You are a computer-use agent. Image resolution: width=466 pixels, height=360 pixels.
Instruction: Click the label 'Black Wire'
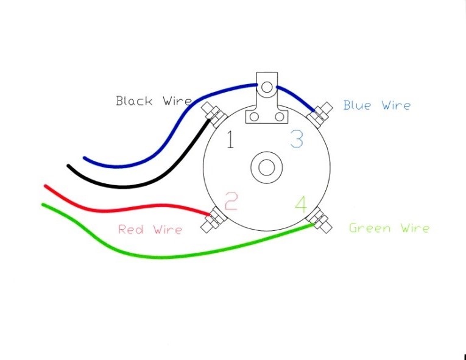point(154,101)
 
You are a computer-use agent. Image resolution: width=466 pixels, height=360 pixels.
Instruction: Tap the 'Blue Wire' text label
point(376,105)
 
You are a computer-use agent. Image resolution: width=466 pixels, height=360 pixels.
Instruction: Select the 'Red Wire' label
point(150,230)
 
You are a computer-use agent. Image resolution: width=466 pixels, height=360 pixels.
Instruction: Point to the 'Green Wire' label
point(389,228)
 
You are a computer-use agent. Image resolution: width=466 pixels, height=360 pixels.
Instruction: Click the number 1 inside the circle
point(230,140)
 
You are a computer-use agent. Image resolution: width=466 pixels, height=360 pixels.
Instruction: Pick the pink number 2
point(230,201)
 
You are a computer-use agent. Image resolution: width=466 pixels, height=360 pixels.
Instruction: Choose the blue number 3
point(296,139)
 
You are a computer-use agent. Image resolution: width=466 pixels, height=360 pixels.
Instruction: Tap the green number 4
point(301,204)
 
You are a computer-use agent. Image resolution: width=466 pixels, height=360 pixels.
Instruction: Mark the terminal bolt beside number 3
point(320,113)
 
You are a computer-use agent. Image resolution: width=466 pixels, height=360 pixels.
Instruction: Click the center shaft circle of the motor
point(266,167)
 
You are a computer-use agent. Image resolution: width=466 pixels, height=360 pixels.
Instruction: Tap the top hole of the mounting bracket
point(266,86)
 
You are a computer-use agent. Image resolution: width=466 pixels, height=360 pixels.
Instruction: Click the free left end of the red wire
point(45,186)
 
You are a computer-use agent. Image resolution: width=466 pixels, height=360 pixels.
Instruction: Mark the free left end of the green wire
point(43,205)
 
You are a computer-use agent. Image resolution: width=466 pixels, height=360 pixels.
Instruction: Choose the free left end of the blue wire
point(85,159)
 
